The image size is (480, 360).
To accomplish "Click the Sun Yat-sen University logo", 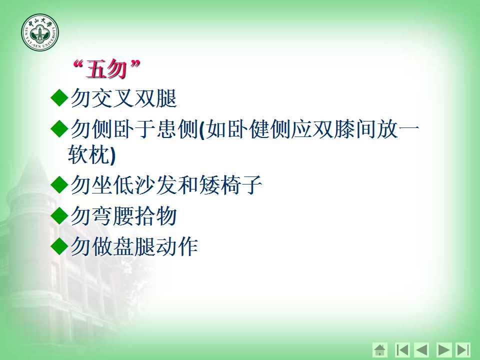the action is (40, 32).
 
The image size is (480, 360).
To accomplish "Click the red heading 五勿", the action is (106, 69).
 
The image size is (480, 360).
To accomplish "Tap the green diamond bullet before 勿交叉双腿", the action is (59, 97).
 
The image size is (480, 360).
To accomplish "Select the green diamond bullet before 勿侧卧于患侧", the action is (59, 128).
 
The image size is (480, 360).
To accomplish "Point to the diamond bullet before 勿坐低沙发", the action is (59, 184).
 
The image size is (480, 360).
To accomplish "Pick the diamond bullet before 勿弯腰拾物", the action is (59, 216).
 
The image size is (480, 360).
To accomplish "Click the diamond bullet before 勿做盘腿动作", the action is (59, 246).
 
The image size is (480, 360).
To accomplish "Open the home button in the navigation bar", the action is (380, 349).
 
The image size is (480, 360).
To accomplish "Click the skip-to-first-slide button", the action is (402, 349).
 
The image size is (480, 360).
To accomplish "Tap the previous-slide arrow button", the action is (421, 349).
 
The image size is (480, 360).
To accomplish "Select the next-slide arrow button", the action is (443, 349).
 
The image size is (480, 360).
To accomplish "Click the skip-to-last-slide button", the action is (463, 349).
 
